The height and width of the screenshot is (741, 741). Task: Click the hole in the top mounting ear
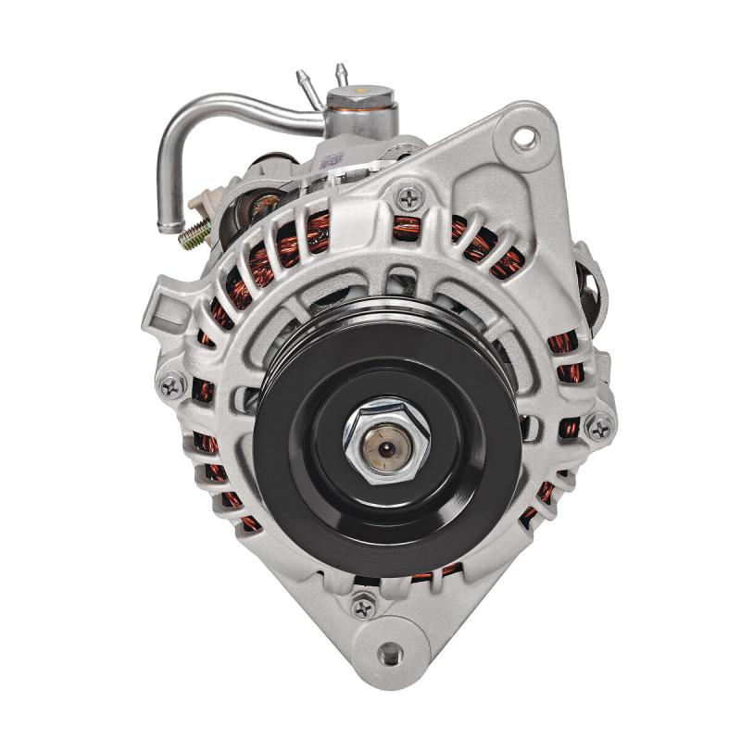pos(526,140)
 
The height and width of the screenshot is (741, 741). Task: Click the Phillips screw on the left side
pos(171,385)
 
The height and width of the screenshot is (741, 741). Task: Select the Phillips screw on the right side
pos(599,427)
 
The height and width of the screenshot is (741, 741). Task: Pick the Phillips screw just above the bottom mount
pos(364,608)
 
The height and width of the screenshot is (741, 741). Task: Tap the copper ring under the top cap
pos(362,109)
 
